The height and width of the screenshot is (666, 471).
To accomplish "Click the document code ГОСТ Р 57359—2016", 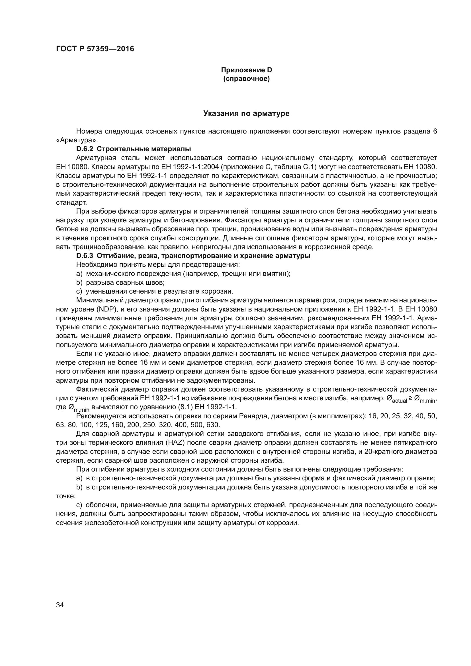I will point(95,49).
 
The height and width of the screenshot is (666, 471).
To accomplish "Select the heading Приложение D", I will point(246,70).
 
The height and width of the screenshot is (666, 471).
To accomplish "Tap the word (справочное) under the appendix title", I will point(246,79).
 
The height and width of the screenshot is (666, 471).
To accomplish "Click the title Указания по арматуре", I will point(246,113).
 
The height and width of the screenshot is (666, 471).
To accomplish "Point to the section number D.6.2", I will point(84,149).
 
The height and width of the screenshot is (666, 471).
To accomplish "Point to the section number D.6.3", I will point(84,256).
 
